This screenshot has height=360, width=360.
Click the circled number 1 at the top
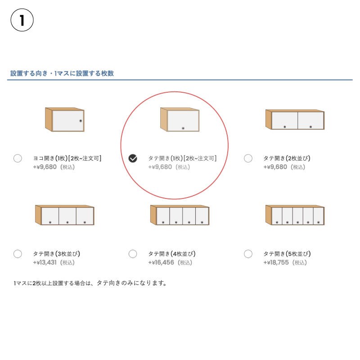point(22,20)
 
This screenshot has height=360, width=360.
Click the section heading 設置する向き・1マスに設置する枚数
point(62,73)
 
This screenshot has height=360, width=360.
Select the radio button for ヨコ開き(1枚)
point(18,158)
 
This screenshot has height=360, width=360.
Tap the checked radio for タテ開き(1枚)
point(133,158)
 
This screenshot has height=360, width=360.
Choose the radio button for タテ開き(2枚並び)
point(248,158)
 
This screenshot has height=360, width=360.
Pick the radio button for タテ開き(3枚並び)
point(18,254)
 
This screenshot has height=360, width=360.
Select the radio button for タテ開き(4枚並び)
point(133,254)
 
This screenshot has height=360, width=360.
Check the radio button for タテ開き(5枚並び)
point(248,254)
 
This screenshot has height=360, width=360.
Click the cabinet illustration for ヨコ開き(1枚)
point(65,119)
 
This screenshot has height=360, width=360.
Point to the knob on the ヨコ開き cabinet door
point(81,121)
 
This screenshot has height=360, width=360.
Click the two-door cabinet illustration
point(295,119)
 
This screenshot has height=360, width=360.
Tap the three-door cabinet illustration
point(65,215)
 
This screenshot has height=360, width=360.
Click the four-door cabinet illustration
point(180,215)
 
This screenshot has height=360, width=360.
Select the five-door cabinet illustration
point(295,215)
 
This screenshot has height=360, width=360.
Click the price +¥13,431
point(45,262)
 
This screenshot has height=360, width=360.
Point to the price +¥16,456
point(161,262)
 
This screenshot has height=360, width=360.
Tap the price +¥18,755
point(276,262)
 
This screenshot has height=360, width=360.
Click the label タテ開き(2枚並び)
point(287,158)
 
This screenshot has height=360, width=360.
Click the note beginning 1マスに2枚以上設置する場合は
point(90,283)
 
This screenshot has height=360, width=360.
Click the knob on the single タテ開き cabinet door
point(183,128)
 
